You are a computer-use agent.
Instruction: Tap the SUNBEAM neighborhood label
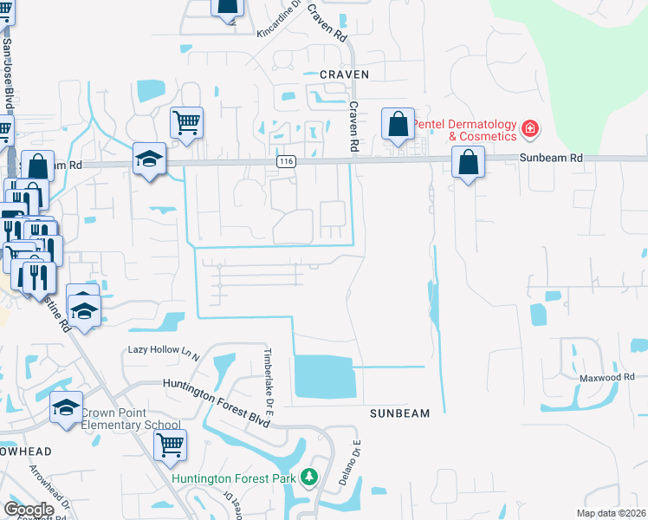point(400,413)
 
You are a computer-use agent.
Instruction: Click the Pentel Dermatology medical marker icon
point(530,131)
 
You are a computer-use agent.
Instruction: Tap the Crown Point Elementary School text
point(131,419)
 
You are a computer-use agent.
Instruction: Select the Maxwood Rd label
point(607,377)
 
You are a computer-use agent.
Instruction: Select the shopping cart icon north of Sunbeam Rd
point(186,123)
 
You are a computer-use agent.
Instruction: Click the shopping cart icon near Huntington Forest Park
point(170,445)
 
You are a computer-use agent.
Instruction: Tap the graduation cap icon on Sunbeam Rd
point(149,160)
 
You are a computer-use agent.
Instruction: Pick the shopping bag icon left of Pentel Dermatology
point(399,125)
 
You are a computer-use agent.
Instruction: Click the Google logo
point(29,510)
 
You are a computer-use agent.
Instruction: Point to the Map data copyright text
point(612,513)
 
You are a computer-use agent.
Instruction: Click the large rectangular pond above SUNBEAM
point(325,377)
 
